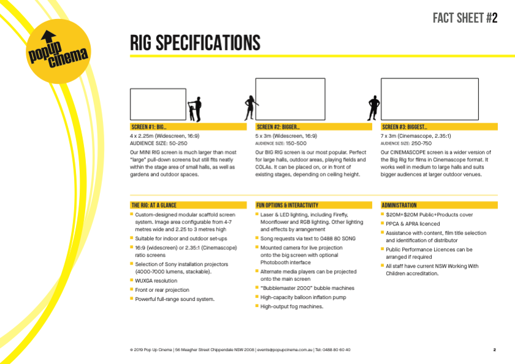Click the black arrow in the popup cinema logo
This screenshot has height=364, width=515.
pos(48,36)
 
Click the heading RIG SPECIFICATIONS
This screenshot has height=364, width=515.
pos(195,43)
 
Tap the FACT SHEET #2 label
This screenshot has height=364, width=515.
pos(465,18)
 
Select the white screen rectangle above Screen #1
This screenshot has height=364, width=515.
pos(158,104)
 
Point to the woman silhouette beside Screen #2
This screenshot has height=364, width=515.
pos(251,108)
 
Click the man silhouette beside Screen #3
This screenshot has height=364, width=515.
pos(373,108)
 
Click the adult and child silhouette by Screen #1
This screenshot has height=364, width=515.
pos(195,109)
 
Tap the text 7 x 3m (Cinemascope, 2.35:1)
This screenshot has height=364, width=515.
pos(416,136)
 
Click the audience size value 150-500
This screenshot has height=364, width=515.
pos(296,143)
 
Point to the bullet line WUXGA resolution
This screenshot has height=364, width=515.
pos(156,281)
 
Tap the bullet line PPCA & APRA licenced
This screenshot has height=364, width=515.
pos(413,224)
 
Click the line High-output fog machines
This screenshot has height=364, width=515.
pos(292,306)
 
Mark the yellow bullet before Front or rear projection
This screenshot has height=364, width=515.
pos(132,289)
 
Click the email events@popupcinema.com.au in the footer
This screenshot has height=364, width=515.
pos(284,350)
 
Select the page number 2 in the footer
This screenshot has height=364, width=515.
pos(495,350)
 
